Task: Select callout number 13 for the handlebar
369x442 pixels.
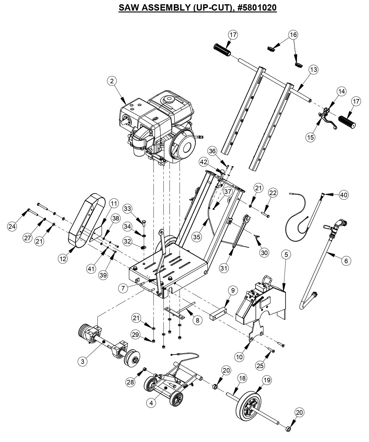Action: point(314,70)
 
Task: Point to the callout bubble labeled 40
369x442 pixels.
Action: point(344,195)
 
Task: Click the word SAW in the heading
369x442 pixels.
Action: point(128,8)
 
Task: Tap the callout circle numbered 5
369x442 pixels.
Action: point(286,255)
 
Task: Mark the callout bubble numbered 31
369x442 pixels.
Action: point(224,268)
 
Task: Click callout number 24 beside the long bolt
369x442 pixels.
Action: point(12,227)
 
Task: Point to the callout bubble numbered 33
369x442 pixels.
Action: point(128,208)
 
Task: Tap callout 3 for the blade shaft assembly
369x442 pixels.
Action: point(82,361)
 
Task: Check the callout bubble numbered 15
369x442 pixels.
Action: point(310,137)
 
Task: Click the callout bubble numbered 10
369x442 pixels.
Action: point(239,357)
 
